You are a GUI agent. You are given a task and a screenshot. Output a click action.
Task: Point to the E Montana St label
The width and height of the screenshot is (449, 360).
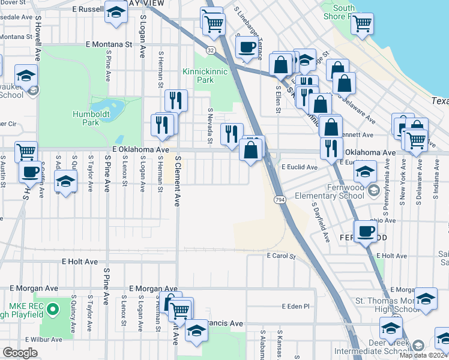(x=108, y=44)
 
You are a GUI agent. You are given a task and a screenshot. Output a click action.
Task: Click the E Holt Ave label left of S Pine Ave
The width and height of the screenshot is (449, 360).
(x=80, y=262)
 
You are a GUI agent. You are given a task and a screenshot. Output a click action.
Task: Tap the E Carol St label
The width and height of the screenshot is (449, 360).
(x=282, y=256)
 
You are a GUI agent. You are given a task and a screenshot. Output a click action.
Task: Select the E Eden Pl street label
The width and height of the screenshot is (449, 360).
(x=295, y=306)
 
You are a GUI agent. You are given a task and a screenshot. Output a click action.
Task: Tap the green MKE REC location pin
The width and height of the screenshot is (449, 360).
(x=52, y=310)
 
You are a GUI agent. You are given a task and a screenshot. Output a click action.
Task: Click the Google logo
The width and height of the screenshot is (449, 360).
(x=20, y=353)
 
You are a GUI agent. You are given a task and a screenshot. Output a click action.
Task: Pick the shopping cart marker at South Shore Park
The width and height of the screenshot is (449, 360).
(x=362, y=24)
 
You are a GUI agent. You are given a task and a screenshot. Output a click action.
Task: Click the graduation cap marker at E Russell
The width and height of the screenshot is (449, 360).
(x=115, y=12)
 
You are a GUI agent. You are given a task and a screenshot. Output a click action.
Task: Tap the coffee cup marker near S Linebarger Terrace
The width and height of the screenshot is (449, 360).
(x=247, y=46)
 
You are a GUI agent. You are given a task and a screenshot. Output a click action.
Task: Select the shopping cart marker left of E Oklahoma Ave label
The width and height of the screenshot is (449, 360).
(x=26, y=151)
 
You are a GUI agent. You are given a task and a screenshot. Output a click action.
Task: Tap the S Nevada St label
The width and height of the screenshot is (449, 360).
(x=211, y=126)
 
